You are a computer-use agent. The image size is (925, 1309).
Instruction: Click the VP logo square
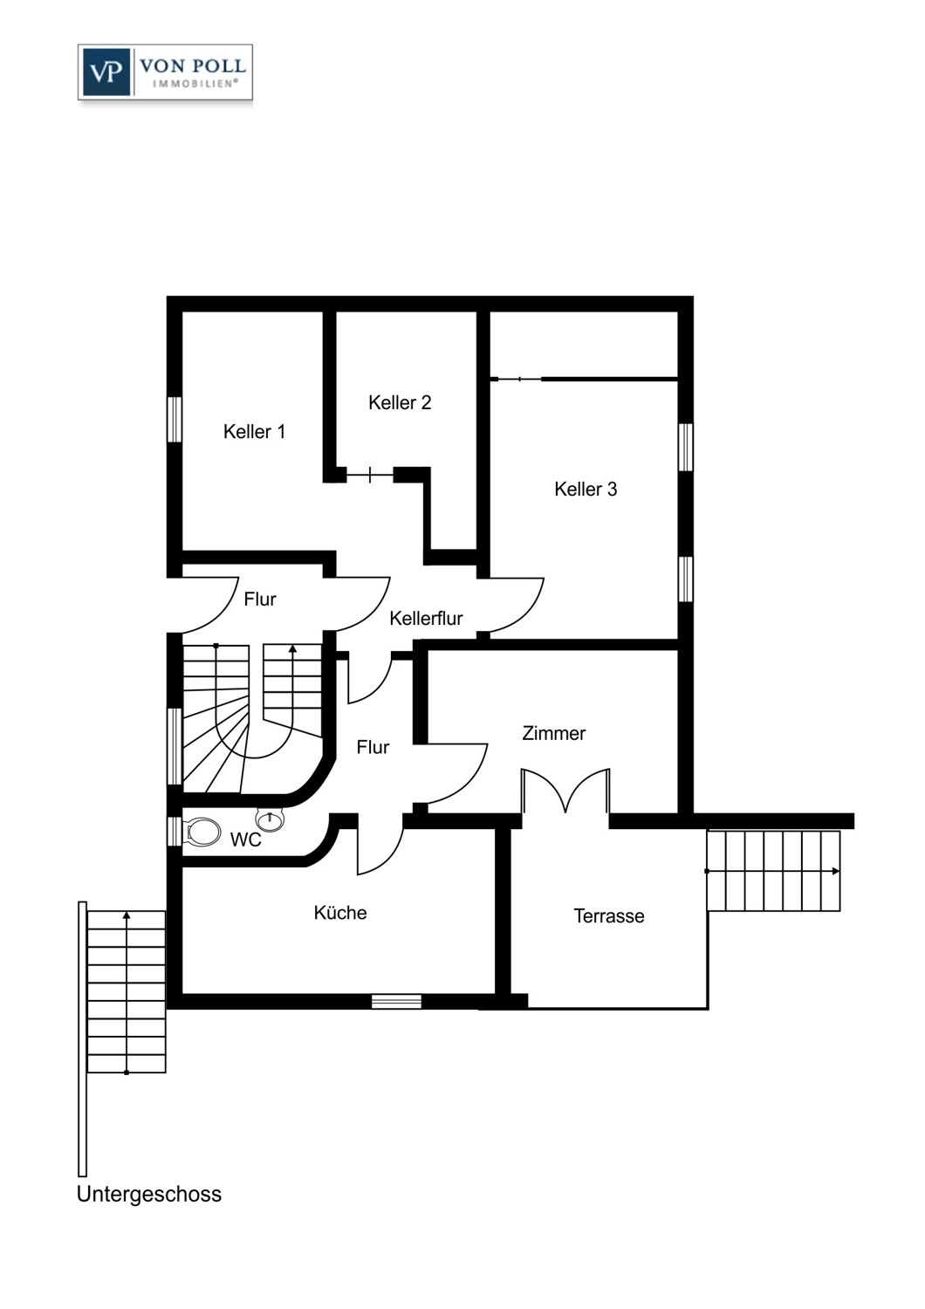pos(106,72)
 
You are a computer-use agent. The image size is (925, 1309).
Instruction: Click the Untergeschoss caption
pos(149,1195)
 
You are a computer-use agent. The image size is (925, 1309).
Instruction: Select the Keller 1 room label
pos(254,432)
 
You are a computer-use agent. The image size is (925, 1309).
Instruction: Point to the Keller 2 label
pos(400,402)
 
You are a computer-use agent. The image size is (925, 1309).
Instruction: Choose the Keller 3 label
pos(586,489)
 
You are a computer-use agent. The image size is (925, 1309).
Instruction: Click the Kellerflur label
pos(426,618)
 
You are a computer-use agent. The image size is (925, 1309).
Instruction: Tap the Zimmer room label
pos(553,733)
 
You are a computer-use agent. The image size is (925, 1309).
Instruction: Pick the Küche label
pos(340,913)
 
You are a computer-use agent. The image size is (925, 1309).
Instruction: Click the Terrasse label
pos(609,915)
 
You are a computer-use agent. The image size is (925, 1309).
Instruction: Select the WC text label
pos(245,840)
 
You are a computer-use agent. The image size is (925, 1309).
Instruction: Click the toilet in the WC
pos(201,832)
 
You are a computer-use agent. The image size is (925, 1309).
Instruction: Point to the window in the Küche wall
pos(396,1001)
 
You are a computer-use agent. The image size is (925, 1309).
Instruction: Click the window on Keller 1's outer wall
pos(175,420)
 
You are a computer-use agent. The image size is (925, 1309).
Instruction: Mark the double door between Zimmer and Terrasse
pos(565,791)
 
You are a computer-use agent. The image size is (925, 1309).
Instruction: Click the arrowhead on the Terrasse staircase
pos(836,871)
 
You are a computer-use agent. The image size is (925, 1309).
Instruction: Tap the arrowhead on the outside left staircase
pos(127,915)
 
